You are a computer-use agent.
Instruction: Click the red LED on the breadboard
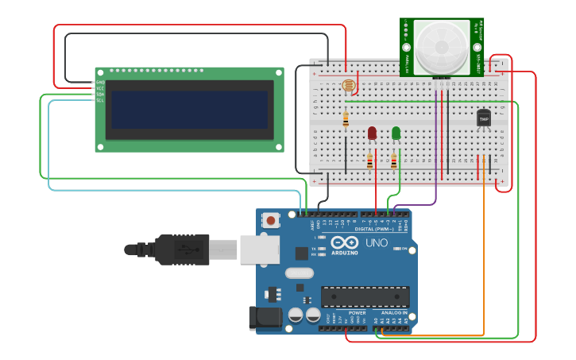tap(372, 133)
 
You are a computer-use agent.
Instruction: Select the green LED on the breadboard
tap(396, 133)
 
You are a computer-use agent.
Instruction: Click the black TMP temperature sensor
tap(483, 118)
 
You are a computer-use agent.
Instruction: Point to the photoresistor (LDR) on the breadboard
tap(349, 85)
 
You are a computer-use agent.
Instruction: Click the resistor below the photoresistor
tap(346, 119)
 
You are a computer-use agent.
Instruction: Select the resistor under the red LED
tap(369, 161)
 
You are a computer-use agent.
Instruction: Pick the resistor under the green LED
tap(393, 161)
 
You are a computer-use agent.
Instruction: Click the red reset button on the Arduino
tap(271, 220)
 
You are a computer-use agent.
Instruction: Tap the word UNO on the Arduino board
tap(377, 242)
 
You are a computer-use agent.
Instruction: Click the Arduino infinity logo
tap(346, 242)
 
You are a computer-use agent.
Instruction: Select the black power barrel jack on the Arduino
tap(265, 318)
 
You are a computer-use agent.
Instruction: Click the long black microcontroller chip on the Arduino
tap(365, 296)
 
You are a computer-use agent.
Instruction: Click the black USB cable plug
tap(183, 249)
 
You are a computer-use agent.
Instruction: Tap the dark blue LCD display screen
tap(189, 109)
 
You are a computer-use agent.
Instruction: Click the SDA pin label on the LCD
tap(99, 94)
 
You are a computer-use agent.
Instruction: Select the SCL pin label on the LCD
tap(99, 100)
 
